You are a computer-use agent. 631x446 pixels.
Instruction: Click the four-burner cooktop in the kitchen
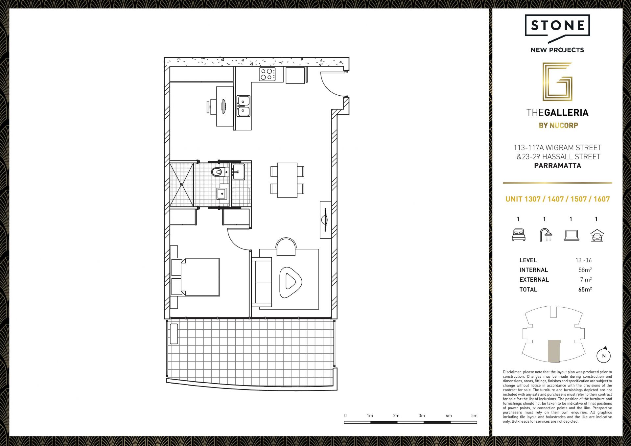267,74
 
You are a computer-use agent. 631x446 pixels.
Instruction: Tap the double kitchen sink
243,106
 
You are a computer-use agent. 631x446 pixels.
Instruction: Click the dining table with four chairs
287,180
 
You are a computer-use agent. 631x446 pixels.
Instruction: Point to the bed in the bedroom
195,277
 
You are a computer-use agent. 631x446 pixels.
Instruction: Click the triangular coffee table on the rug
290,282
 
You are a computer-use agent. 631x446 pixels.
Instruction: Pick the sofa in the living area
262,282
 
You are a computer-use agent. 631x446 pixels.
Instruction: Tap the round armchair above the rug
286,247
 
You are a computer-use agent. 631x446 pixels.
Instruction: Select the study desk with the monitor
224,106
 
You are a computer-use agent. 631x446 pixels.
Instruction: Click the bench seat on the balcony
174,334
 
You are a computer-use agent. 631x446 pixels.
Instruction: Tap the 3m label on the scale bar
422,415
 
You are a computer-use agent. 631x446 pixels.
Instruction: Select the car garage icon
597,235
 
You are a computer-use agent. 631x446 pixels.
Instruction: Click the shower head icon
546,235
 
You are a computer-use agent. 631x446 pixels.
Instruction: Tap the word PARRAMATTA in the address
557,166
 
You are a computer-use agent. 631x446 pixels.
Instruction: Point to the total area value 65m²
585,289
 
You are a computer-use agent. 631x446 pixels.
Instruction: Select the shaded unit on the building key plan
554,351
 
